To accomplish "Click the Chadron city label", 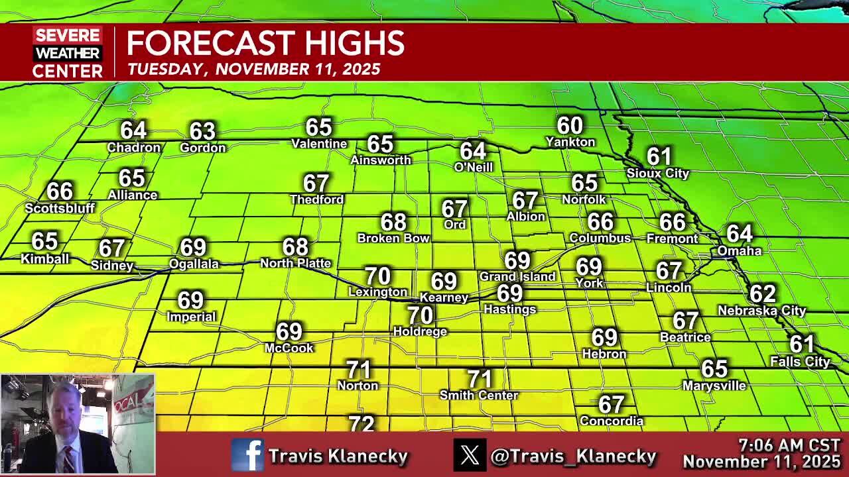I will [134, 148].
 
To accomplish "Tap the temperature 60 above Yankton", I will [570, 125].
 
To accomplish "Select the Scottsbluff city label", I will [60, 208].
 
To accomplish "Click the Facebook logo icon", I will [247, 455].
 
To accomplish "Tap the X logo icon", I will [470, 455].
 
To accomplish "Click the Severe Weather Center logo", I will [68, 52].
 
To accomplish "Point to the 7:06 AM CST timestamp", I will [789, 445].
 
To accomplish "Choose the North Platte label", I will [295, 263].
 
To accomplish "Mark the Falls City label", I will [800, 362].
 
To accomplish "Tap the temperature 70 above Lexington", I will [377, 276].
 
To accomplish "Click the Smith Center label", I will [479, 396].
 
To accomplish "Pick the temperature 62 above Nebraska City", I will [762, 293].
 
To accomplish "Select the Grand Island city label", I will [517, 276].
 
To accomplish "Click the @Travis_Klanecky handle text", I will [573, 456].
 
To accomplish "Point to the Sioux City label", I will [658, 174].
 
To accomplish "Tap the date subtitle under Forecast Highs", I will [254, 70].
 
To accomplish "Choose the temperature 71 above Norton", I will [358, 369].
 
